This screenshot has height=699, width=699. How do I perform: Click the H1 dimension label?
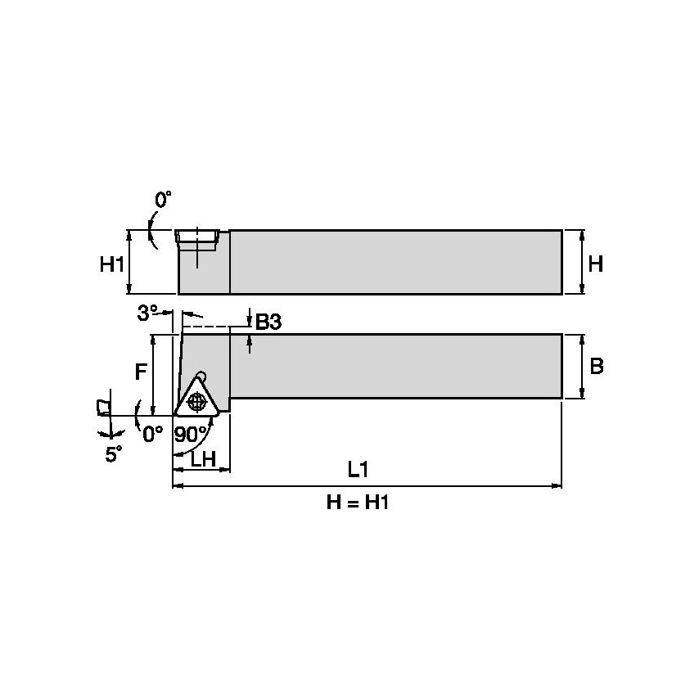[111, 264]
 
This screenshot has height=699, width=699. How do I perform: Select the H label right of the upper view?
[596, 264]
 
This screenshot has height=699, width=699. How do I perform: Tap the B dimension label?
[596, 366]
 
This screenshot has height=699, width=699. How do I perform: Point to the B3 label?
[268, 322]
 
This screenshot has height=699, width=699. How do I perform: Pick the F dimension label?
[141, 372]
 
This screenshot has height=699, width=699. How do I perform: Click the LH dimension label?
[202, 459]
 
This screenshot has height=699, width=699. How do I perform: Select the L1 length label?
[357, 469]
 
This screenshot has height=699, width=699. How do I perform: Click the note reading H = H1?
[357, 503]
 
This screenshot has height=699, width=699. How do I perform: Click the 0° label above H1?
[164, 200]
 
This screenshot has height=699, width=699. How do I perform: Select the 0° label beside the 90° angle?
[153, 434]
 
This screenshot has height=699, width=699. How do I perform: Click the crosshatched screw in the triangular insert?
[196, 401]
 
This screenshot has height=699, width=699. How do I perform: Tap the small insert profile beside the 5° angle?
[101, 407]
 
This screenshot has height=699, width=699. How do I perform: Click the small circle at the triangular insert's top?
[202, 376]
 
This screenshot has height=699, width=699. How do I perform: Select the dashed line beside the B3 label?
[215, 327]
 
